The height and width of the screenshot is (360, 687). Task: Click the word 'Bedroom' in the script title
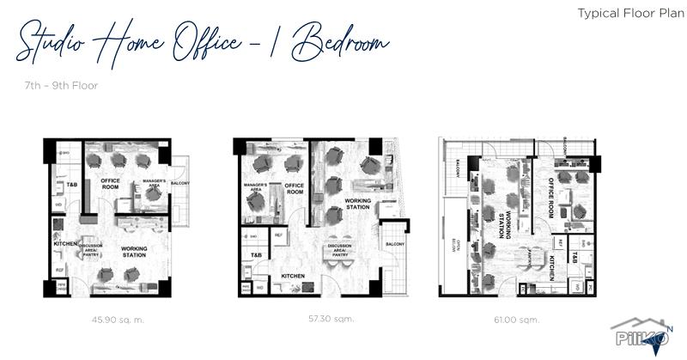tap(340, 44)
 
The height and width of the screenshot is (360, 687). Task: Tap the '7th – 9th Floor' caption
tap(61, 86)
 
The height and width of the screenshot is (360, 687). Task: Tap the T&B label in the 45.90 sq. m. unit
tap(61, 185)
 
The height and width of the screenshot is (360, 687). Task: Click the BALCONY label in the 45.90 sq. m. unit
tap(180, 184)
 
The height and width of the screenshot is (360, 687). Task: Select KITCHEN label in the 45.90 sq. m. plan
tap(66, 244)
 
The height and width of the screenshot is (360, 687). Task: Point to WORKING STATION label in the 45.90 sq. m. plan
tap(135, 252)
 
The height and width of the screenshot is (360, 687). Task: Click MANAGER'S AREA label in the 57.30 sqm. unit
tap(256, 187)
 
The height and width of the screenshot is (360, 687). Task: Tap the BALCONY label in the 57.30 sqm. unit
tap(394, 245)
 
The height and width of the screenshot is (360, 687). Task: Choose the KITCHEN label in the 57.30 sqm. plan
tap(294, 276)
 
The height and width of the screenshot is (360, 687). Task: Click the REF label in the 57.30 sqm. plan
tap(278, 234)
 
